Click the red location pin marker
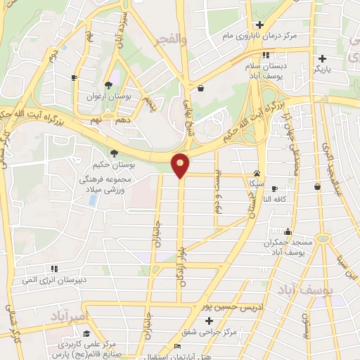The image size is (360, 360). pos(181,165)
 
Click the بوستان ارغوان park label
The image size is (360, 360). pos(108,94)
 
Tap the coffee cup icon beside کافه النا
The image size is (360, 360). pos(274,188)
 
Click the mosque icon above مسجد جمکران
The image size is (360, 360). pos(287,231)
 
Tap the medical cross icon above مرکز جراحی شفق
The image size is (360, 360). pos(209,321)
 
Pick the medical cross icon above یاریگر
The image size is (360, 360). pos(323,58)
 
